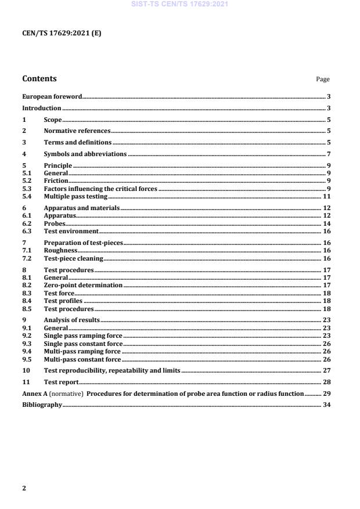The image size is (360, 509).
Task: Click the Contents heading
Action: coord(39,79)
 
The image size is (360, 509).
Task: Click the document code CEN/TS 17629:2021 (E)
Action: coord(62,34)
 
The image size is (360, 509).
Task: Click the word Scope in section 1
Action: coord(53,120)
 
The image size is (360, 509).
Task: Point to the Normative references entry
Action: coord(77,131)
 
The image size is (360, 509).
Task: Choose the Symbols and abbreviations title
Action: coord(85,154)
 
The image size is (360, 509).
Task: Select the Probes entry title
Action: coord(55,223)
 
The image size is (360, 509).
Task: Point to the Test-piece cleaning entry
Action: coord(74,258)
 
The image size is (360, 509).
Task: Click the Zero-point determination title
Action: coord(83,286)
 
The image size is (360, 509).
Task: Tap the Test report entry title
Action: coord(61,382)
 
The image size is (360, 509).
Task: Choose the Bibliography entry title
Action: coord(42,405)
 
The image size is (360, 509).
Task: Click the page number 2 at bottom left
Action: coord(24,488)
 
